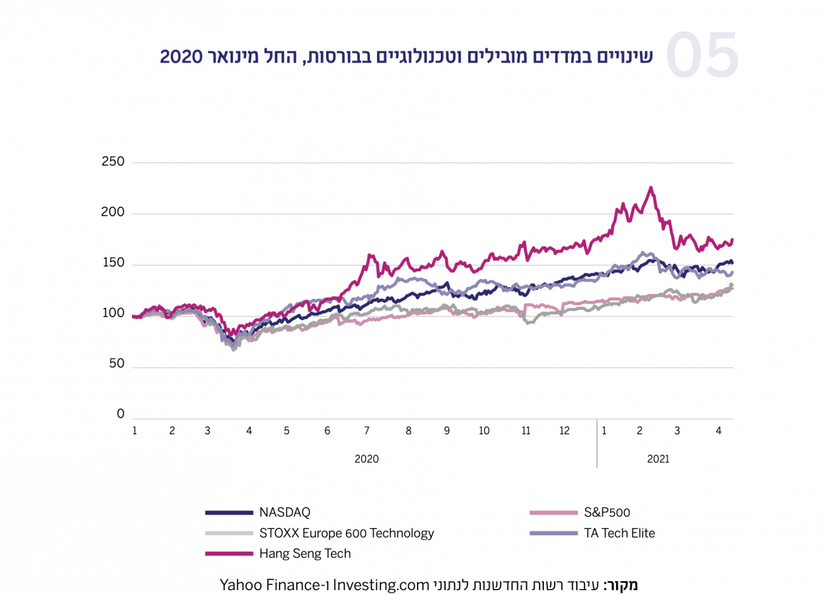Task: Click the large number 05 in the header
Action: [x=702, y=56]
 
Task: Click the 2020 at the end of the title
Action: [x=179, y=56]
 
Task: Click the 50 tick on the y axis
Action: [x=117, y=364]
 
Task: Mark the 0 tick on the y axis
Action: [x=121, y=414]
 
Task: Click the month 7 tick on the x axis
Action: [x=367, y=431]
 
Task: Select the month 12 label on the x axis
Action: [x=564, y=431]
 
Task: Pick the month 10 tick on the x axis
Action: [x=484, y=431]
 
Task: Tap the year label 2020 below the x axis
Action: [x=366, y=459]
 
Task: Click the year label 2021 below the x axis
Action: [x=658, y=459]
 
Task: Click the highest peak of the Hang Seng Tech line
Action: [x=650, y=188]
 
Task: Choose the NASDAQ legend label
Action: [x=285, y=513]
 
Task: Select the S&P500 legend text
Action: [x=607, y=513]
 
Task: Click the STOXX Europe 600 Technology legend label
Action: [x=347, y=533]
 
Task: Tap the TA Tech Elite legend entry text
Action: [x=619, y=533]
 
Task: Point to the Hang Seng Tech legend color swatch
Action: [x=229, y=554]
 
